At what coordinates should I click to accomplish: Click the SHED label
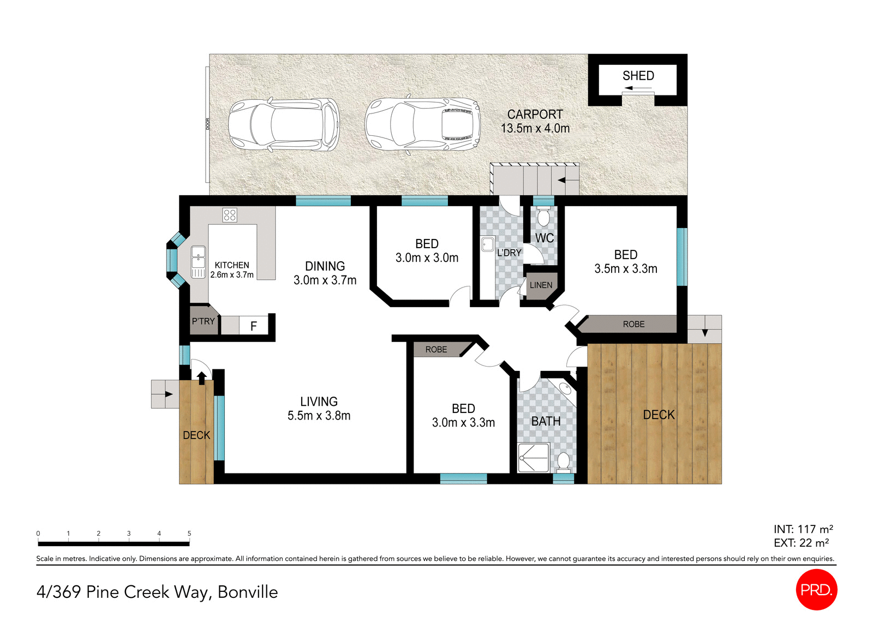tap(638, 76)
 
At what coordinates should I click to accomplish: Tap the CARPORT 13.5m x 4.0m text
tap(535, 121)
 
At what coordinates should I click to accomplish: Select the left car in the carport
tap(283, 125)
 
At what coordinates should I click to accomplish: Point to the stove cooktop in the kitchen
tap(230, 215)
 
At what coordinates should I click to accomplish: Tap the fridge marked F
tap(253, 326)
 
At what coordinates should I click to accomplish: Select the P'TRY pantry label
tap(203, 321)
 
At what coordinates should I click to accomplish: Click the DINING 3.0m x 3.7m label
tap(325, 273)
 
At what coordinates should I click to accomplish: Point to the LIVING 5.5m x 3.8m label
tap(319, 408)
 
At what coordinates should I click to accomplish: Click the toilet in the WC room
tap(543, 217)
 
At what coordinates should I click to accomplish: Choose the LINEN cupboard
tap(541, 285)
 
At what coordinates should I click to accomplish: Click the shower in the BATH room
tap(533, 457)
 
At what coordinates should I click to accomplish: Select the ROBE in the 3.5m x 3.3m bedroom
tap(633, 324)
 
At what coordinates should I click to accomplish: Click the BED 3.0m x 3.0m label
tap(427, 250)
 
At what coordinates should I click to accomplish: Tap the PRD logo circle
tap(816, 589)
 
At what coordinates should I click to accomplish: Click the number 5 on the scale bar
tap(189, 534)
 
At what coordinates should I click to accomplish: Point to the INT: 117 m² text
tap(803, 529)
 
